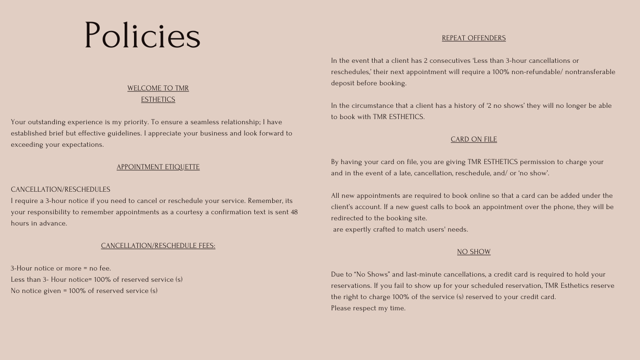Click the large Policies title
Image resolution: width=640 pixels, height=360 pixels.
tap(142, 36)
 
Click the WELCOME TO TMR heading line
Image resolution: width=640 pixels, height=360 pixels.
tap(158, 88)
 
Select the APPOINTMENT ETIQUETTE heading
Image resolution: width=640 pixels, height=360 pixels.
tap(158, 167)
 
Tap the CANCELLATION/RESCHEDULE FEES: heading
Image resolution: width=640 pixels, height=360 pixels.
tap(158, 246)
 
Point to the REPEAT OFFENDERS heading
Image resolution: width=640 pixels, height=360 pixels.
tap(474, 38)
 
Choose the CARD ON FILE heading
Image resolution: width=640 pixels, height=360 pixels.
tap(474, 139)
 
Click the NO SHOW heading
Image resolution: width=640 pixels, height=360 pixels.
tap(474, 252)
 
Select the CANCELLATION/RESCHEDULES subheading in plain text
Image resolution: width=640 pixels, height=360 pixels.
tap(60, 189)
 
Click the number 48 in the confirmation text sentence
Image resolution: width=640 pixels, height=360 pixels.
tap(294, 212)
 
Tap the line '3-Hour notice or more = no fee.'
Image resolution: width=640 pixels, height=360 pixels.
tap(61, 268)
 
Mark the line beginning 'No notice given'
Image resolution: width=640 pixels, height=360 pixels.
tap(84, 291)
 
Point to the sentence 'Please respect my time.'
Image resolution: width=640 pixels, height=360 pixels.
tap(368, 308)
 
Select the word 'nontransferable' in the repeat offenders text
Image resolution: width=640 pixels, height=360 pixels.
tap(590, 72)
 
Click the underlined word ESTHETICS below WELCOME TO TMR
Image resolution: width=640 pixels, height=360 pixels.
tap(158, 99)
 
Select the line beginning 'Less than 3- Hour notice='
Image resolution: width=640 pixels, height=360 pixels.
tap(97, 279)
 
